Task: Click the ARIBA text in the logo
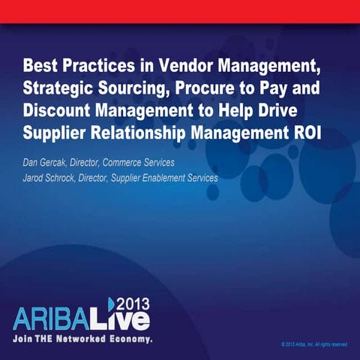[x=60, y=317]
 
